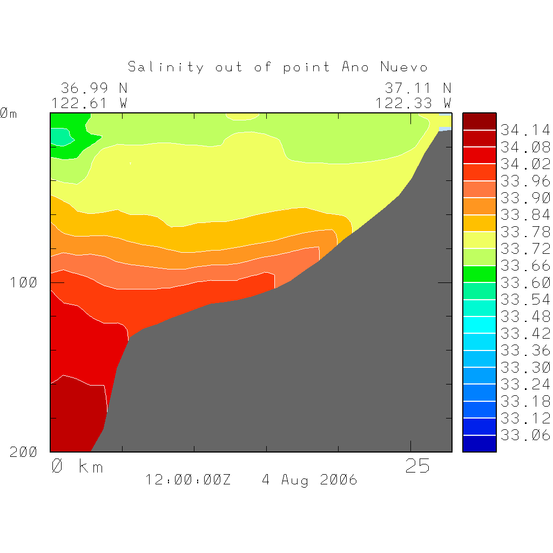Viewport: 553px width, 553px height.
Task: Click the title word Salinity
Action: pyautogui.click(x=166, y=67)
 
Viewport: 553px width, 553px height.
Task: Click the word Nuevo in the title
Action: pyautogui.click(x=404, y=67)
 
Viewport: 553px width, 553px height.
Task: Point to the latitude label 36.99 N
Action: pyautogui.click(x=94, y=87)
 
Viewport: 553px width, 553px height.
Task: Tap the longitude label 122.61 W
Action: pyautogui.click(x=89, y=103)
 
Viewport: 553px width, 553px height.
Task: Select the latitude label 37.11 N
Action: pyautogui.click(x=417, y=87)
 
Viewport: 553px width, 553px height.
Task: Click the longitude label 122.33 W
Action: pyautogui.click(x=413, y=103)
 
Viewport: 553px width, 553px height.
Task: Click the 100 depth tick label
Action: pyautogui.click(x=24, y=282)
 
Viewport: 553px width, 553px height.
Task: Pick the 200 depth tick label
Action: pyautogui.click(x=24, y=453)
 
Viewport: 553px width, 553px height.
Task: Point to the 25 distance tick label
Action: pyautogui.click(x=417, y=466)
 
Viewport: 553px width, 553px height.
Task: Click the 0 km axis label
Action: pyautogui.click(x=77, y=466)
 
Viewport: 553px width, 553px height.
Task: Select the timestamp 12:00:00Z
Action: pyautogui.click(x=188, y=480)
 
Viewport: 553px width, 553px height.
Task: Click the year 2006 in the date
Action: pyautogui.click(x=338, y=480)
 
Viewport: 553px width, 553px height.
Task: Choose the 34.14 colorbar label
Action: pyautogui.click(x=525, y=130)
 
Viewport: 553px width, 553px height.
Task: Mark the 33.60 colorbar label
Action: pyautogui.click(x=525, y=282)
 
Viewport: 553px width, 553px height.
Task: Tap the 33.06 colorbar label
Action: pyautogui.click(x=525, y=435)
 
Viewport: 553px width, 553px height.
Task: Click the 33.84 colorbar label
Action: pyautogui.click(x=525, y=215)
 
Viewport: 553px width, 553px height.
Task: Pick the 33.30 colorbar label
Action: pyautogui.click(x=525, y=367)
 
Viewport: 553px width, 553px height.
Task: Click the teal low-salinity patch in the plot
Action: pyautogui.click(x=60, y=137)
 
